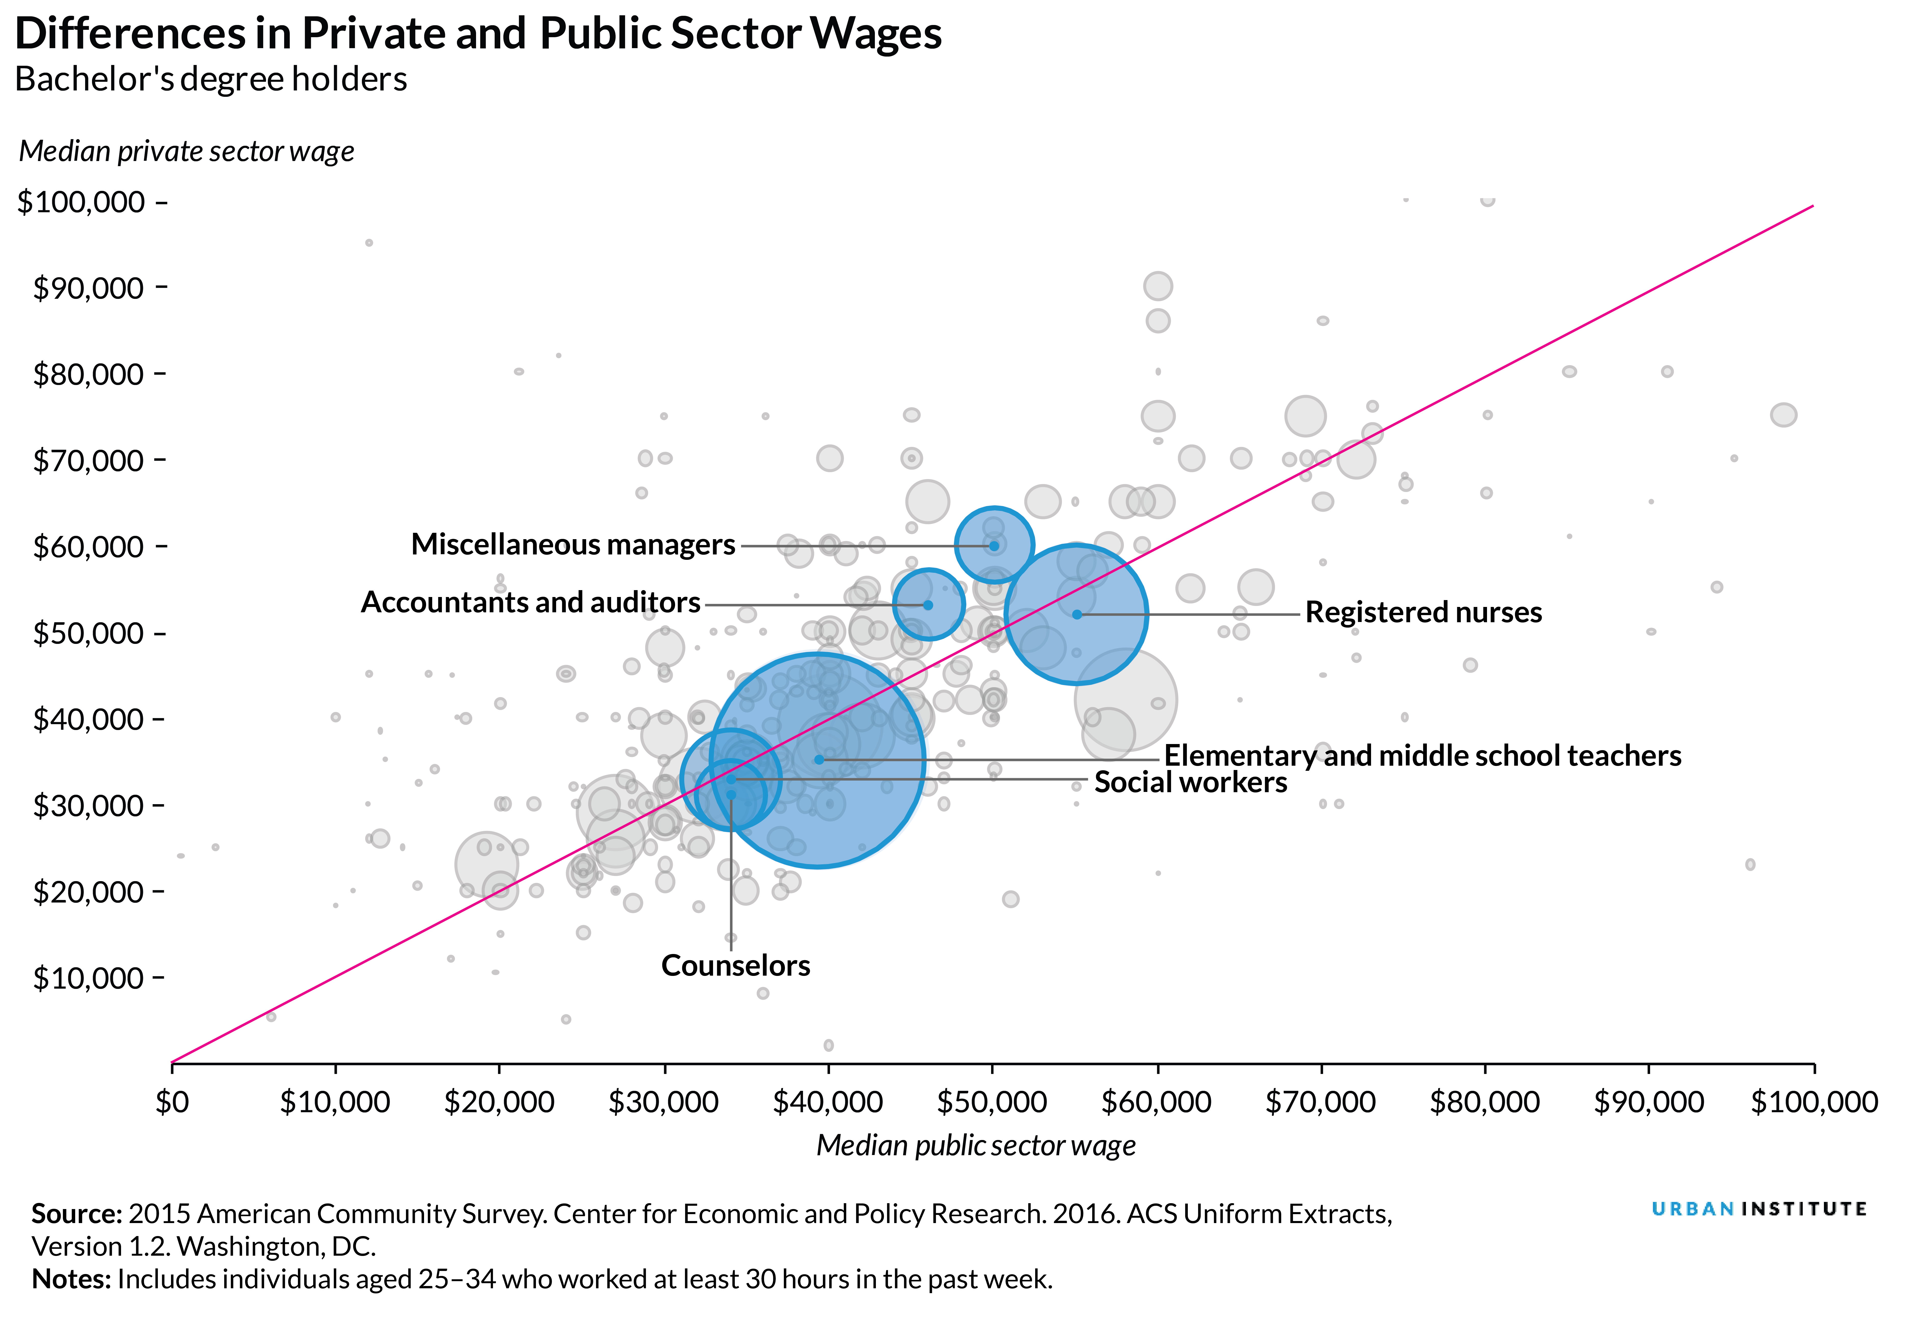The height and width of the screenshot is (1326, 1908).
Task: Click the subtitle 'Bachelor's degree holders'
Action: tap(211, 80)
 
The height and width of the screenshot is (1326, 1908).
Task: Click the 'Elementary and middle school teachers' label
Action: tap(1422, 756)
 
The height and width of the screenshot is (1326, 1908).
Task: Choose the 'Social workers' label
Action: tap(1190, 783)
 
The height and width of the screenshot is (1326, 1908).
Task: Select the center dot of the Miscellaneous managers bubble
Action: tap(994, 546)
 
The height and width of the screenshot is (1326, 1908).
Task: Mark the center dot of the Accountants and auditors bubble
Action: tap(928, 605)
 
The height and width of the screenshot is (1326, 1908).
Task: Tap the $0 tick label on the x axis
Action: tap(172, 1103)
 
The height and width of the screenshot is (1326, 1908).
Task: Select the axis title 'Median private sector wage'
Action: tap(187, 151)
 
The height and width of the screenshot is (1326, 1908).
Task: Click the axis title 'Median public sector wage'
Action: tap(976, 1146)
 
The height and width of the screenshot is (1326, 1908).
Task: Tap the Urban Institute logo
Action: tap(1758, 1210)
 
